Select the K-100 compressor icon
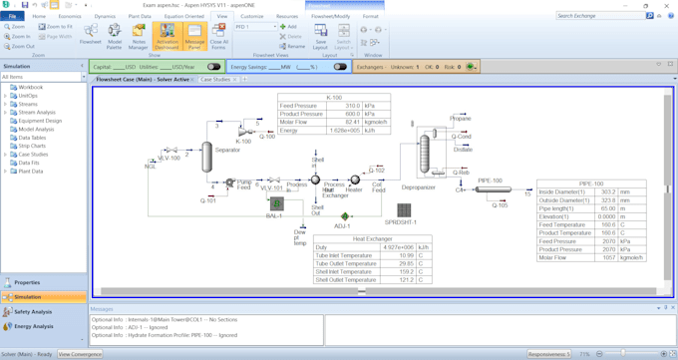(x=243, y=131)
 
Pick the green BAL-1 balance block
(x=276, y=203)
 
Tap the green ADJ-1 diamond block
(x=344, y=216)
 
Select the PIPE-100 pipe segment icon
(x=491, y=189)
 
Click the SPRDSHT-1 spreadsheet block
(x=404, y=210)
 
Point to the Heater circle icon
(x=356, y=180)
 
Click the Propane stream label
(x=460, y=119)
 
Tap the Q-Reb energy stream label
(x=461, y=172)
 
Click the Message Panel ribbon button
(x=194, y=37)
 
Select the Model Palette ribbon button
(x=115, y=37)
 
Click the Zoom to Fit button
(x=58, y=27)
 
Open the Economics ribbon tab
(x=70, y=16)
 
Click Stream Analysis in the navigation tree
(x=37, y=113)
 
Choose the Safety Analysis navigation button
(x=34, y=311)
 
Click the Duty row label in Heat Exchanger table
(x=323, y=247)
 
